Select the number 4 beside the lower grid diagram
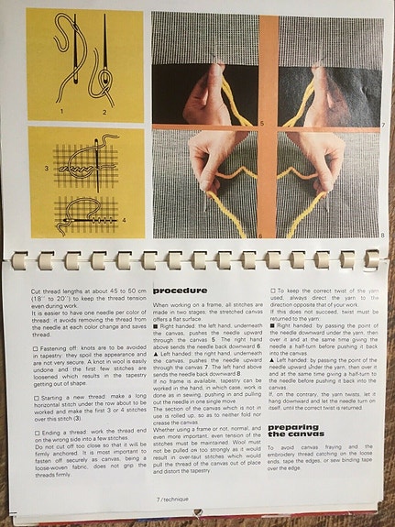[x=126, y=220]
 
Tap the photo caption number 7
[x=379, y=121]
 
